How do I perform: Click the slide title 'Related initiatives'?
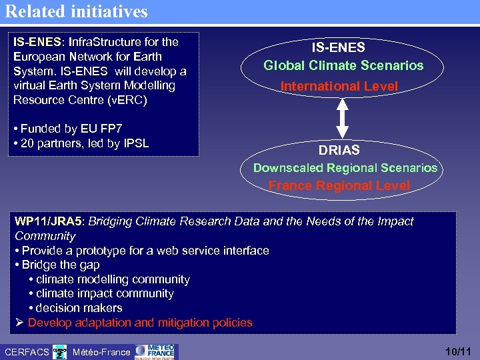coord(77,11)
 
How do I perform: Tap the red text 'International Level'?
coord(339,86)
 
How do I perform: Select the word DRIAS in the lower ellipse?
coord(339,150)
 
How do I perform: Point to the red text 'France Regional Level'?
coord(339,186)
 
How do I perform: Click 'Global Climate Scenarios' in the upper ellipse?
coord(343,65)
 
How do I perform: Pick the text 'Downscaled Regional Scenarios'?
coord(345,168)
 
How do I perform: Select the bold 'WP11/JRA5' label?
coord(49,221)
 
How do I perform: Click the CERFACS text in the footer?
coord(26,351)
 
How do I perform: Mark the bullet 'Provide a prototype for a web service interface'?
coord(145,251)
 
